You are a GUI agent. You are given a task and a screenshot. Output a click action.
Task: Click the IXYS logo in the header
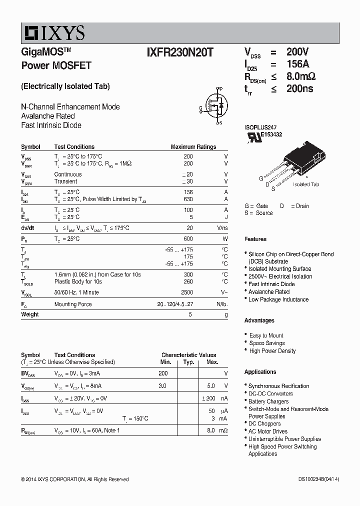coord(54,33)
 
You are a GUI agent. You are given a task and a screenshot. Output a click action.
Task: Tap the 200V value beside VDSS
coord(297,52)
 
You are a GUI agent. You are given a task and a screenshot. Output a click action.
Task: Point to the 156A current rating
coord(297,64)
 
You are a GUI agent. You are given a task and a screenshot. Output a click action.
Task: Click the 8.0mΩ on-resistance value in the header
coord(300,76)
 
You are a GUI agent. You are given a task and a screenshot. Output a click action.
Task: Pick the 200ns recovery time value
coord(299,89)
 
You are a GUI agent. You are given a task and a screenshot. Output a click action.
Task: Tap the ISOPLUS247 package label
coord(260,128)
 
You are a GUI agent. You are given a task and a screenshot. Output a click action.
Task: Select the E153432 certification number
coord(271,134)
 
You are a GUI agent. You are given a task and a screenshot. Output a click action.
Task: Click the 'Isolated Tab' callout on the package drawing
coord(305,184)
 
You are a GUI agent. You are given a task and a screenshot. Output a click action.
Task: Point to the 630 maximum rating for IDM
coord(188,199)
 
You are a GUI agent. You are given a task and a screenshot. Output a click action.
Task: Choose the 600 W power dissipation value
coord(188,239)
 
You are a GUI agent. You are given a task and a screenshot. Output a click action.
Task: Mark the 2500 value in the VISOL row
coord(186,292)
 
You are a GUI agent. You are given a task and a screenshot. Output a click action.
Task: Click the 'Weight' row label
coord(30,314)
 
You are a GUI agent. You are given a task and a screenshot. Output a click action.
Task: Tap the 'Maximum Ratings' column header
coord(193,147)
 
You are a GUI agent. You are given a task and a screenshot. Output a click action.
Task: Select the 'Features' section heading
coord(255,239)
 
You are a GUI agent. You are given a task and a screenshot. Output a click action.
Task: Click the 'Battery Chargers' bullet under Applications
coord(268,401)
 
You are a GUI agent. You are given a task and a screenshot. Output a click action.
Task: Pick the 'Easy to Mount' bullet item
coord(266,335)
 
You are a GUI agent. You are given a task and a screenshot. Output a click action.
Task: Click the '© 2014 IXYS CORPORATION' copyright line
coord(74,479)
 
